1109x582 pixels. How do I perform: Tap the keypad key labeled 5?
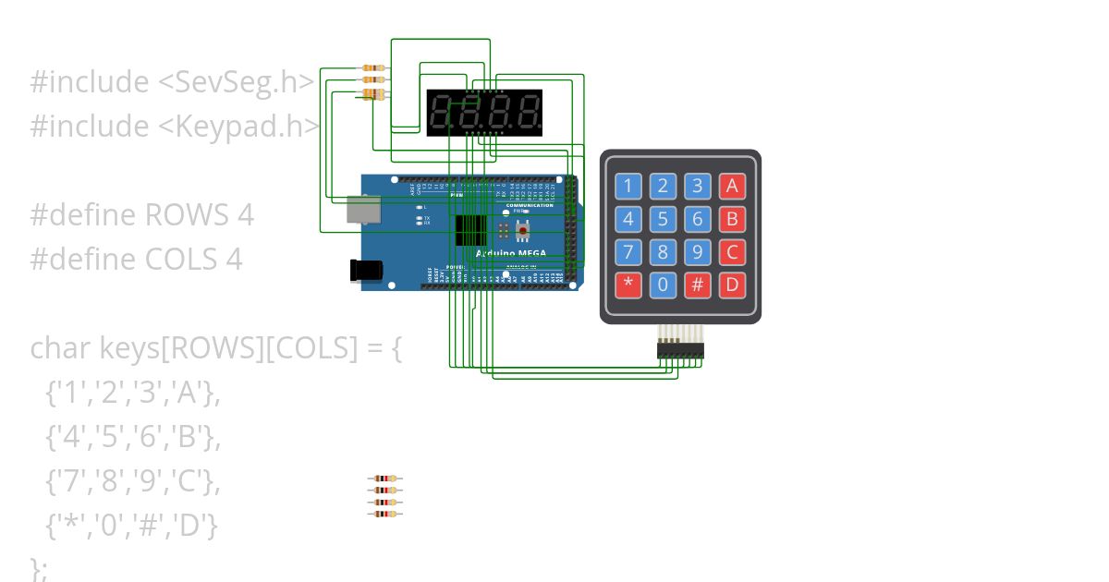[x=663, y=219]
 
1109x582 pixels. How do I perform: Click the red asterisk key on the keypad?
[x=628, y=285]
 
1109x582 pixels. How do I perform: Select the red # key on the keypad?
[x=698, y=285]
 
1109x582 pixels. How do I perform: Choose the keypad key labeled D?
[x=733, y=285]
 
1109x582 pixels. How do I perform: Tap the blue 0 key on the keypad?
[x=663, y=285]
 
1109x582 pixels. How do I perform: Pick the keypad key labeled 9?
[x=698, y=251]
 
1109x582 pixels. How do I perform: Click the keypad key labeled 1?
[x=628, y=186]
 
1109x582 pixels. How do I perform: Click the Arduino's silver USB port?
[x=363, y=210]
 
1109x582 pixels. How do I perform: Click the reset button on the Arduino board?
[x=523, y=229]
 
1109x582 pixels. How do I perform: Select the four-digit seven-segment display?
[x=484, y=113]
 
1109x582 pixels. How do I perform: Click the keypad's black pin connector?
[x=680, y=350]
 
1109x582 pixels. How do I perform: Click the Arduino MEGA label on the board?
[x=511, y=253]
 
